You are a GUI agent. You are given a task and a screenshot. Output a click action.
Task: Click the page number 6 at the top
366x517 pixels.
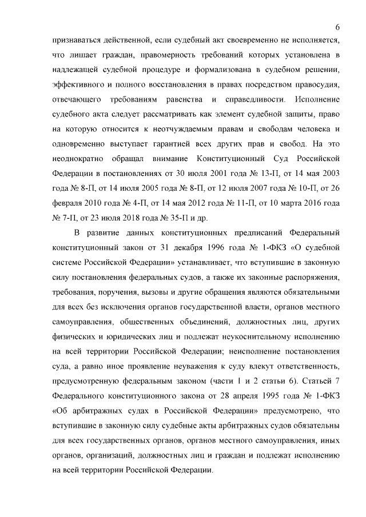tap(337, 27)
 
